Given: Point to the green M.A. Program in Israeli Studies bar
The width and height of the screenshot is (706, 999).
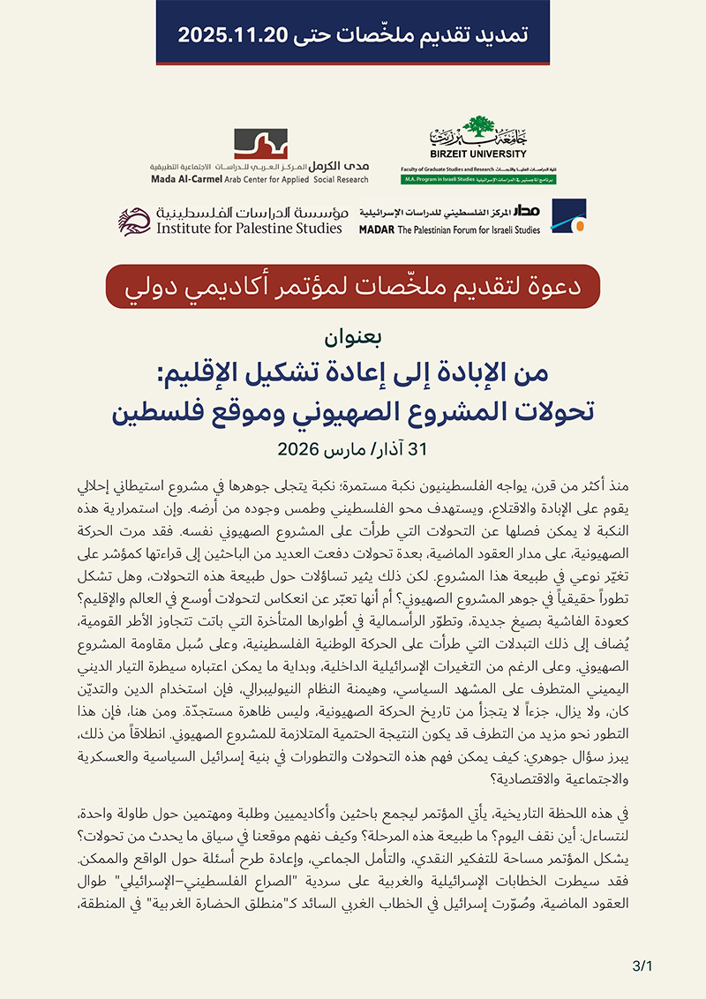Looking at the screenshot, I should click(484, 178).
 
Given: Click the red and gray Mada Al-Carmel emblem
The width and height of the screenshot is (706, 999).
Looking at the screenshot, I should click(260, 143).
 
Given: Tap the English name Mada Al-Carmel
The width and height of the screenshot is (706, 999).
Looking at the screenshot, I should click(184, 178).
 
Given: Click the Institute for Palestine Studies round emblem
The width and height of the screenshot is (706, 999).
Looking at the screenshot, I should click(135, 221).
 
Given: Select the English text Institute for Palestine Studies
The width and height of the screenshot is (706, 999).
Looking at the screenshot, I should click(250, 229).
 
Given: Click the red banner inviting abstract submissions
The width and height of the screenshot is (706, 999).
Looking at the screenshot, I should click(352, 287).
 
